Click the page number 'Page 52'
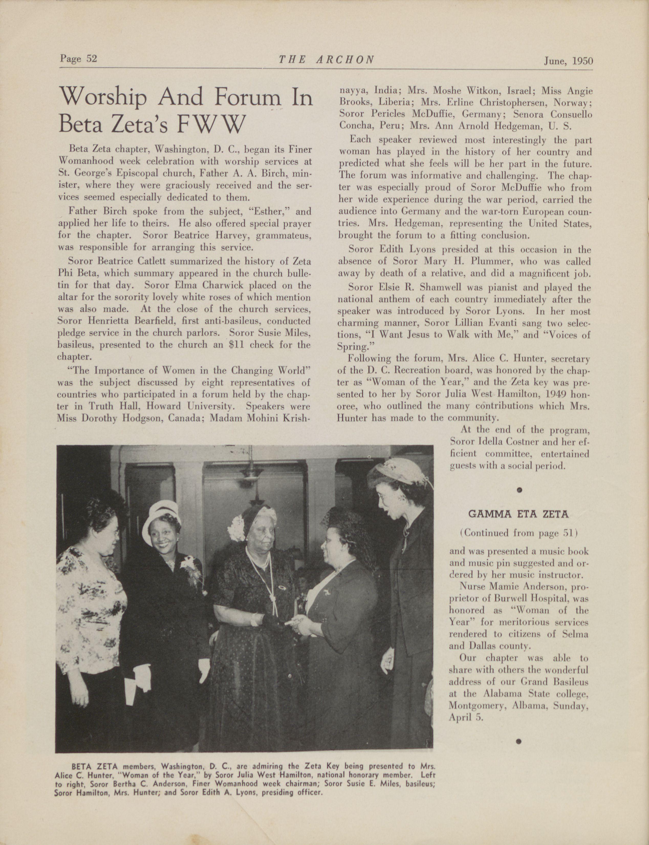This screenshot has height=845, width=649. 78,58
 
